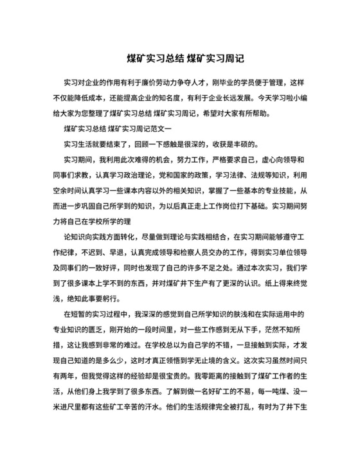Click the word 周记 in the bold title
click(x=234, y=58)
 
